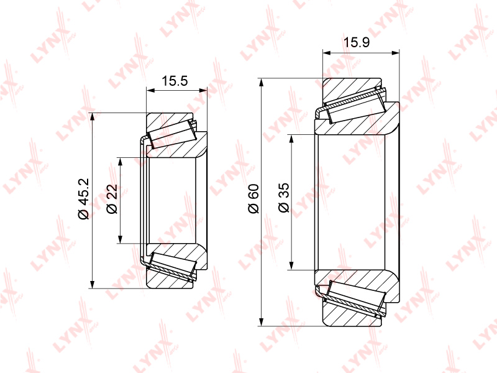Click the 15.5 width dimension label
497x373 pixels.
175,81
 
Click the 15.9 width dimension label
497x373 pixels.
357,42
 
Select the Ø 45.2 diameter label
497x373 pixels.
84,199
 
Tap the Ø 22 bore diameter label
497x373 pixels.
112,199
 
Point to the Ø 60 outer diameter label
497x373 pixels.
254,198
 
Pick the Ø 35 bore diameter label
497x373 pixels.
284,197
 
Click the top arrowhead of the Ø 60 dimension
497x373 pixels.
261,82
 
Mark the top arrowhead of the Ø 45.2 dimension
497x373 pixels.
92,117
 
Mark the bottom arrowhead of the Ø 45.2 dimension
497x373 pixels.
92,284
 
